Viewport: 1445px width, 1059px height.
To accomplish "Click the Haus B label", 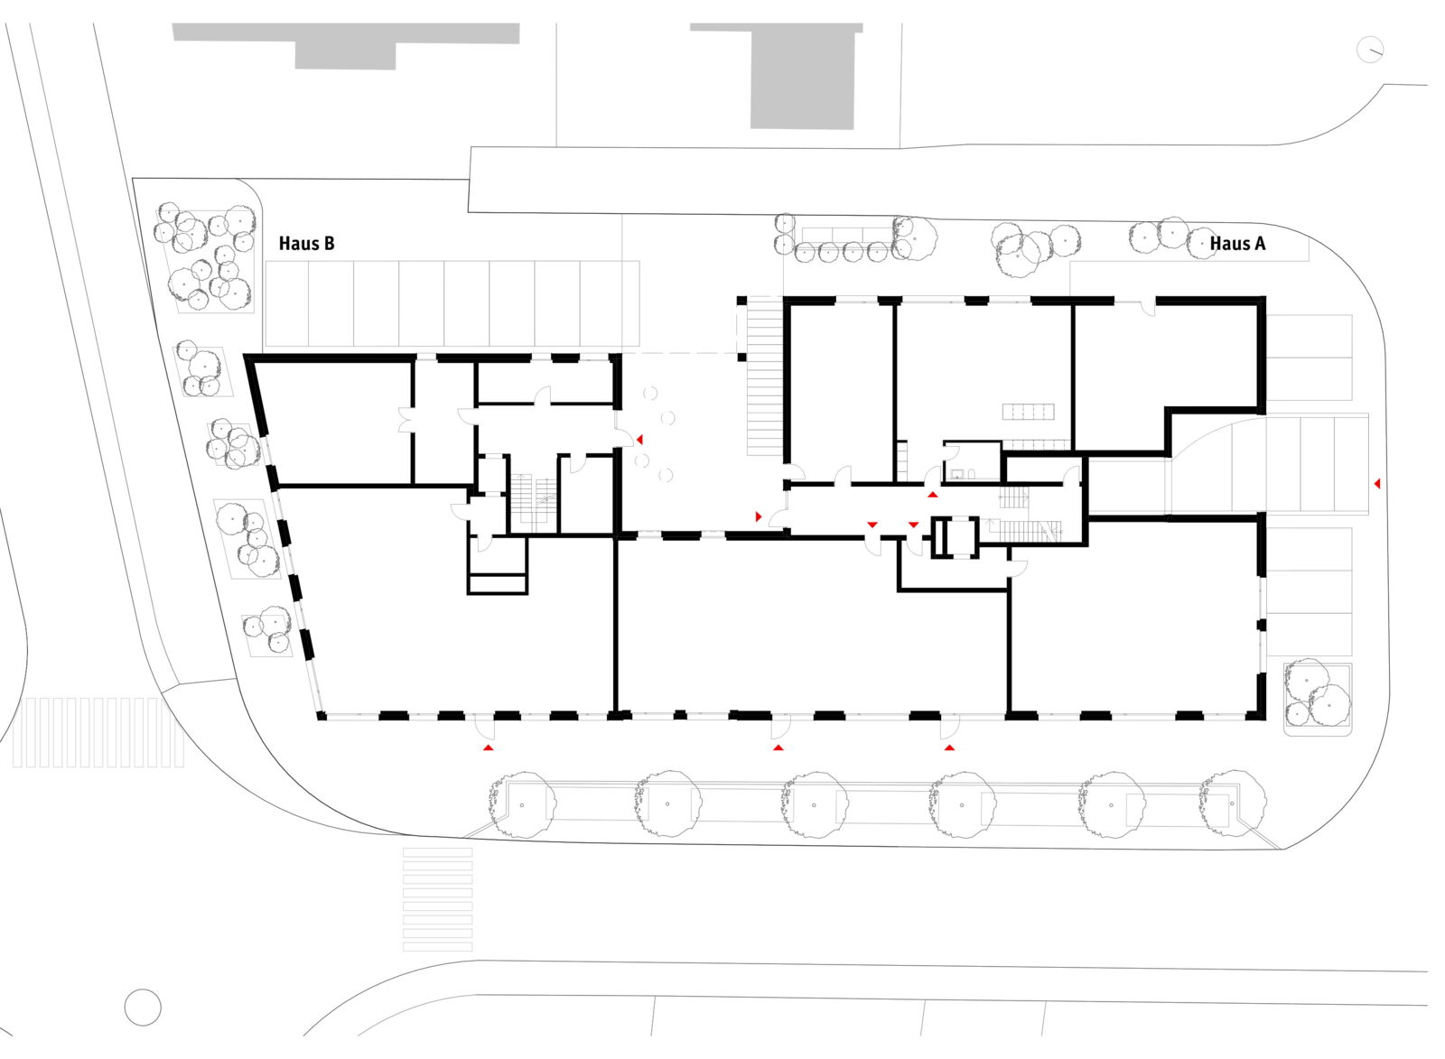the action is tap(306, 244).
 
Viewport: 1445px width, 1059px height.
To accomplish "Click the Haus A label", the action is tap(1237, 244).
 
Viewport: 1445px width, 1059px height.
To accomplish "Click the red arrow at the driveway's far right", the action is tap(1376, 483).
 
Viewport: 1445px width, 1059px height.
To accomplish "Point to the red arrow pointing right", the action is tap(759, 516).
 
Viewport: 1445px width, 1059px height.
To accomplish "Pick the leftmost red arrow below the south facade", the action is tap(489, 748).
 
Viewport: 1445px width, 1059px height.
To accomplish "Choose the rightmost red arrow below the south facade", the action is tap(949, 748).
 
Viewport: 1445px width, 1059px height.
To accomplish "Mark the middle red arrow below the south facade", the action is tap(778, 748).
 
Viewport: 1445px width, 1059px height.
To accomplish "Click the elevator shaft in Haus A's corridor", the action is tap(955, 536).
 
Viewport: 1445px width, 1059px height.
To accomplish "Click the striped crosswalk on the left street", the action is tap(98, 732).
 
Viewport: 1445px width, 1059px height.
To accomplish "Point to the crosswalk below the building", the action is tap(437, 900).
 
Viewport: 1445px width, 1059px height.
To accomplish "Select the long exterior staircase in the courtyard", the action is tap(765, 376).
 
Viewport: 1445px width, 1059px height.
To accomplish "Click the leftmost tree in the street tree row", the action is tap(521, 804).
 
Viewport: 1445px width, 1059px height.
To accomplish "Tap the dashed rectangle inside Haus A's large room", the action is tap(1029, 412).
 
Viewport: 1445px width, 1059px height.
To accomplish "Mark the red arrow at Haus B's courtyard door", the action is tap(640, 439).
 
